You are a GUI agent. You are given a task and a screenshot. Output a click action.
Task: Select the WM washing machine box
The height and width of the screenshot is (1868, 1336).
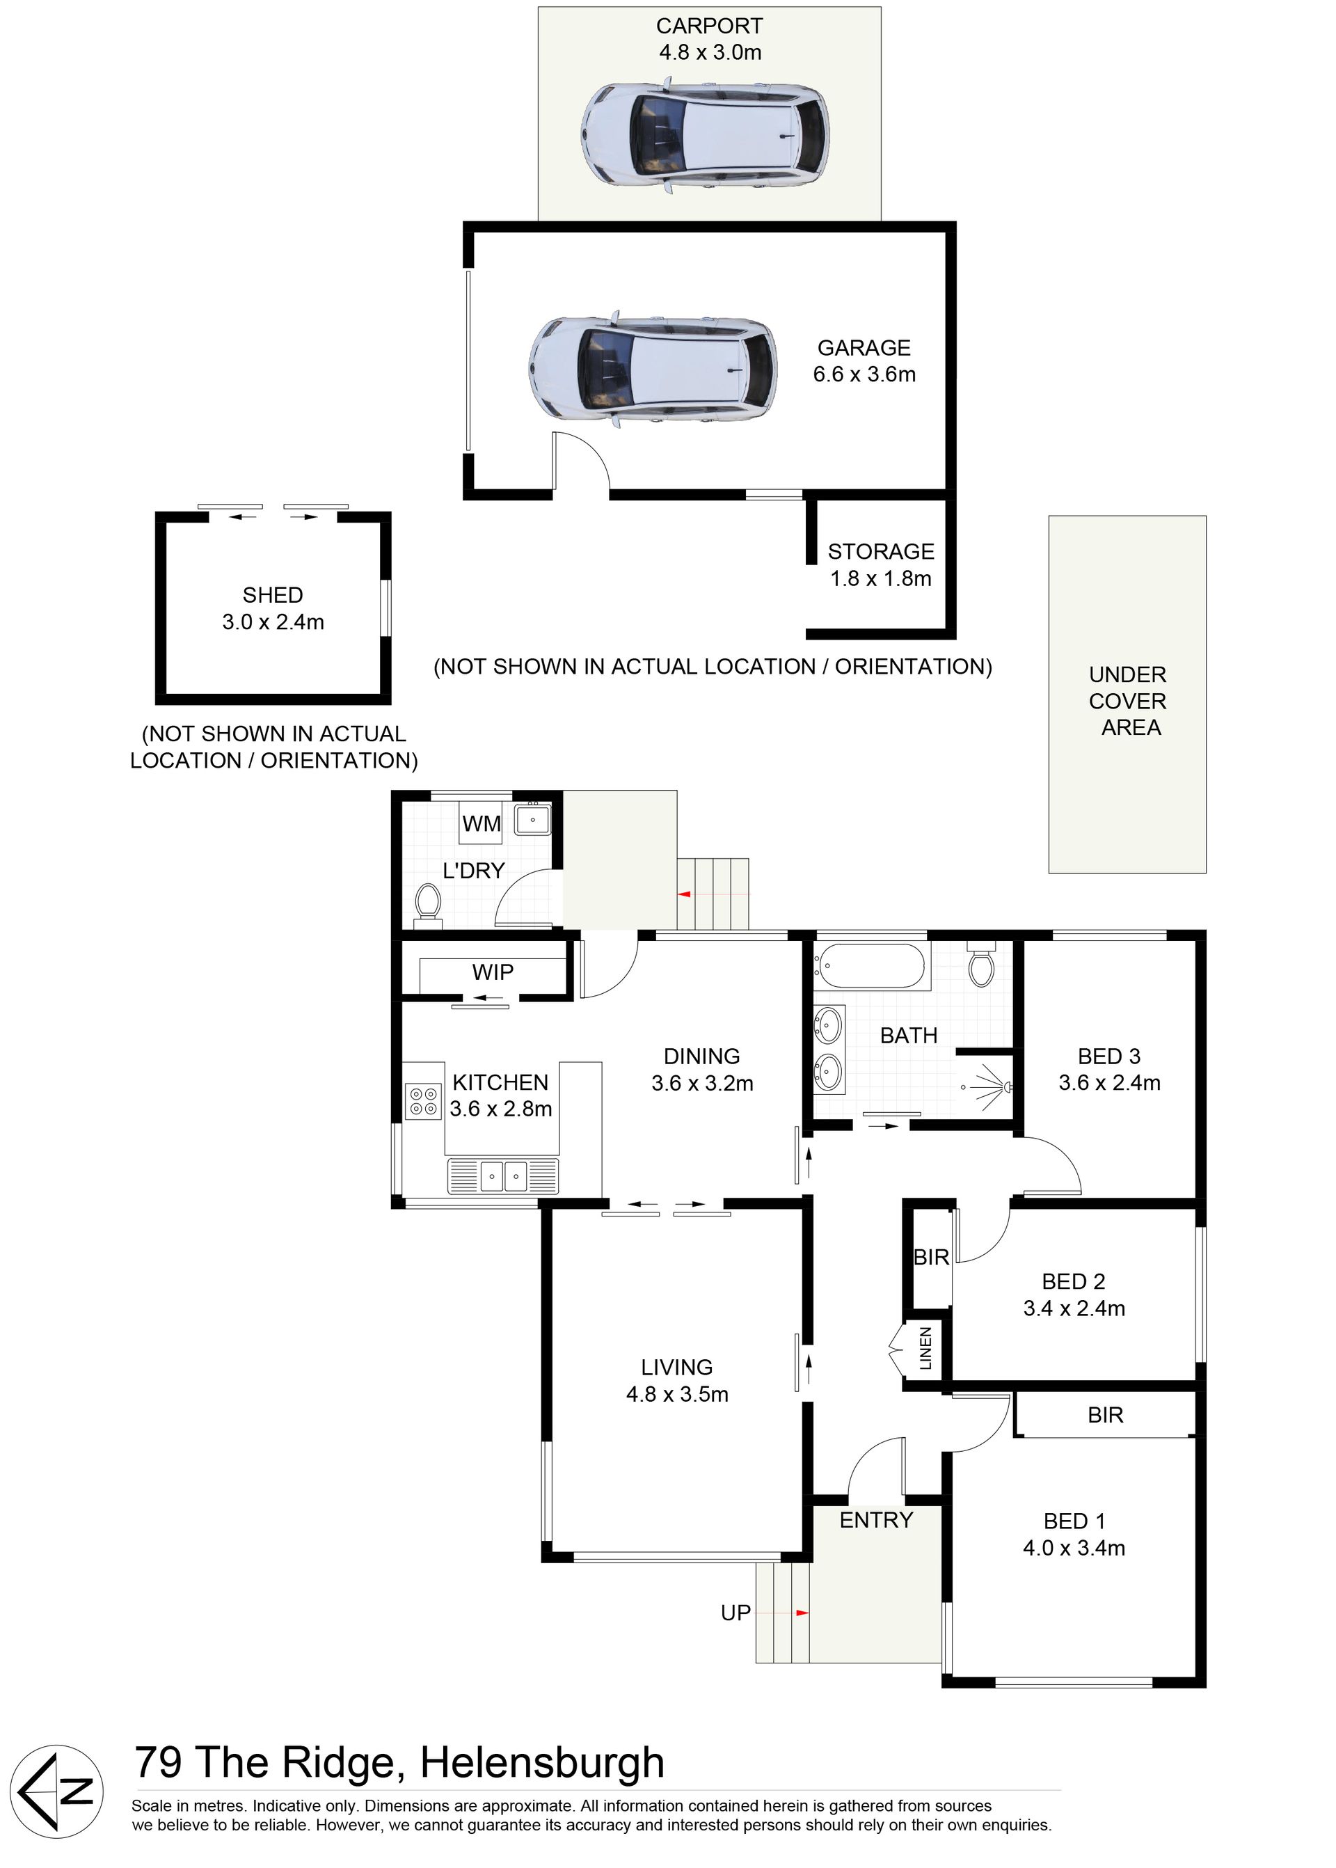(x=482, y=823)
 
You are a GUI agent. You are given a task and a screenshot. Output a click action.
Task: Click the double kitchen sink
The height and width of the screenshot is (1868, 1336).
(x=502, y=1176)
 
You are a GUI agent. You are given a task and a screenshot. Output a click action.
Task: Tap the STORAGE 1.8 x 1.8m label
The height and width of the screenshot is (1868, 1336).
(x=880, y=564)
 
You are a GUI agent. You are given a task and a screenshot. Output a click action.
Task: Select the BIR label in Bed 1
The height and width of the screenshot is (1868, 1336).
(x=1105, y=1415)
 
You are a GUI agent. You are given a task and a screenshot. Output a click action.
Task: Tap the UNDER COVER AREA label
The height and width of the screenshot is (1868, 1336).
(x=1128, y=701)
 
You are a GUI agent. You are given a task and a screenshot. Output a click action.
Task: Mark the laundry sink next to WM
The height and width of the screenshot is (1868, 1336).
(x=532, y=820)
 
